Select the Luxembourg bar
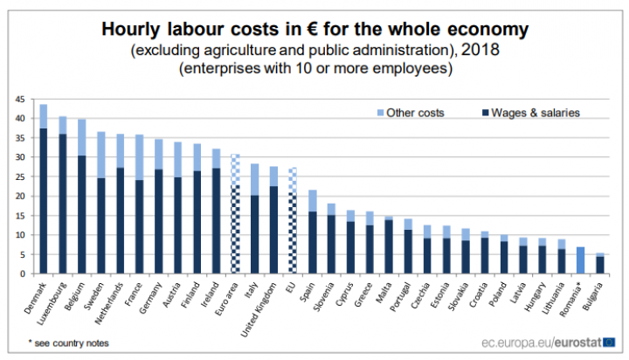pos(63,196)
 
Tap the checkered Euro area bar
pos(235,214)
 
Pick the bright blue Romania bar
pos(580,260)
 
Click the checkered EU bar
pos(293,221)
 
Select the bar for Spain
pos(312,232)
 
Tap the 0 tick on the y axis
pos(22,273)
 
